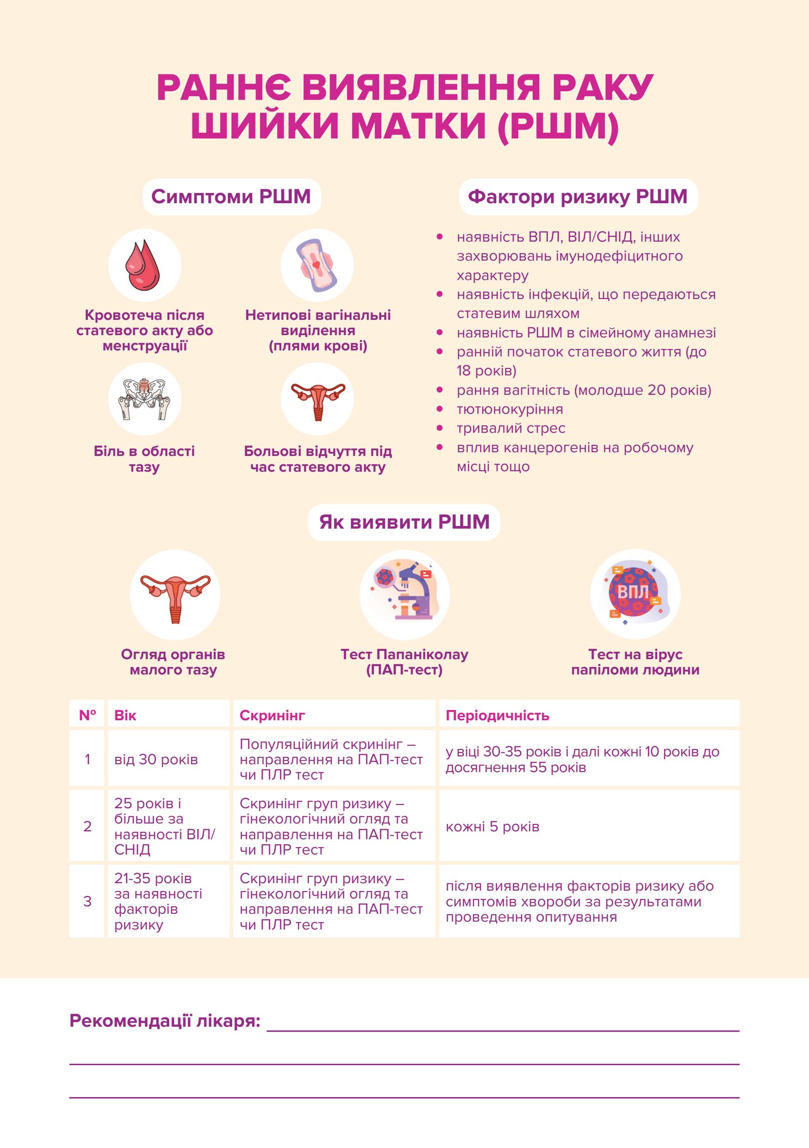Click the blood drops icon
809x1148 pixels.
click(x=144, y=265)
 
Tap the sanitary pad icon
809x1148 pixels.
click(x=317, y=265)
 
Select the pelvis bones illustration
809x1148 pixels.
click(x=144, y=399)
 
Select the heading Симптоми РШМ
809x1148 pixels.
click(x=231, y=196)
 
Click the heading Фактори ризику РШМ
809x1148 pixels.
click(x=578, y=196)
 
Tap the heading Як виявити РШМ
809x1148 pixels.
click(x=404, y=522)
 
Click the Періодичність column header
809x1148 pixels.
click(x=498, y=716)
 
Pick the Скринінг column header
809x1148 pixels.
click(x=272, y=716)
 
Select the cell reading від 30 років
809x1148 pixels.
click(x=156, y=760)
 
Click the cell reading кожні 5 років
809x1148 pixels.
click(x=492, y=826)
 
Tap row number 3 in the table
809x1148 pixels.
click(x=87, y=901)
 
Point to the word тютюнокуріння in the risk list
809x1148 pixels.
click(x=510, y=409)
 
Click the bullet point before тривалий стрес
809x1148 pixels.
click(x=440, y=428)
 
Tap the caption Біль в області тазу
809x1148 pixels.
click(x=144, y=459)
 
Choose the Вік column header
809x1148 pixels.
click(x=125, y=716)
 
